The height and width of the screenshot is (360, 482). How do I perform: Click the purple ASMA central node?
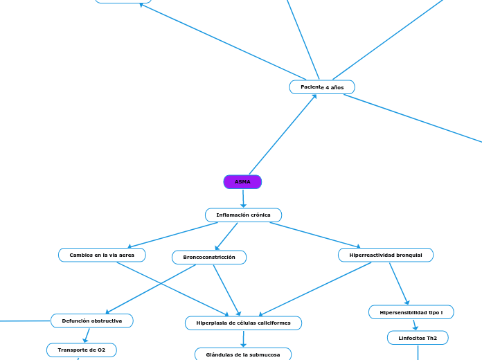(242, 182)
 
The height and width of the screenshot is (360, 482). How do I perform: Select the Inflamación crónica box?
(243, 215)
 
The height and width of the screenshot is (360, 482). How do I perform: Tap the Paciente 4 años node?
(322, 87)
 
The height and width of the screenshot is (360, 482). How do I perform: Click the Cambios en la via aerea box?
(102, 255)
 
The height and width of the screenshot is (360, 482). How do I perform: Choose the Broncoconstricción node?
(209, 258)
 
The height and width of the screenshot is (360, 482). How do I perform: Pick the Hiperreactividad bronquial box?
(386, 255)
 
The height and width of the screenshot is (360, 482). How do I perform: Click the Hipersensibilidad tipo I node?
(411, 313)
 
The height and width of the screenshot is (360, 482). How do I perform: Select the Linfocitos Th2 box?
(418, 338)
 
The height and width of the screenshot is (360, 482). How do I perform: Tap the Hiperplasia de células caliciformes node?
(243, 323)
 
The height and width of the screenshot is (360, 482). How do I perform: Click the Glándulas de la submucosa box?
(243, 354)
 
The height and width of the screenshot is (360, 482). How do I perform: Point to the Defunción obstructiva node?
(92, 321)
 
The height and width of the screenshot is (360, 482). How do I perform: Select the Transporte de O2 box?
(82, 350)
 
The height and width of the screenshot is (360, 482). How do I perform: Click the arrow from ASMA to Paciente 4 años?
(283, 134)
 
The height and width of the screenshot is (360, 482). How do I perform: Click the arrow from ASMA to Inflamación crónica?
(243, 199)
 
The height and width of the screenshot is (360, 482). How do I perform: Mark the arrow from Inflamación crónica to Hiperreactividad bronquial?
(315, 235)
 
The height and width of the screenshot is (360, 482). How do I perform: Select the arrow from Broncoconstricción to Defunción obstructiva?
(150, 289)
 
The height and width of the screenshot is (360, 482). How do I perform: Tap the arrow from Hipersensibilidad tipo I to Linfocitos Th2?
(415, 325)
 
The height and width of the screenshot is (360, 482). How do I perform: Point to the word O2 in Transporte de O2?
(101, 350)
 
